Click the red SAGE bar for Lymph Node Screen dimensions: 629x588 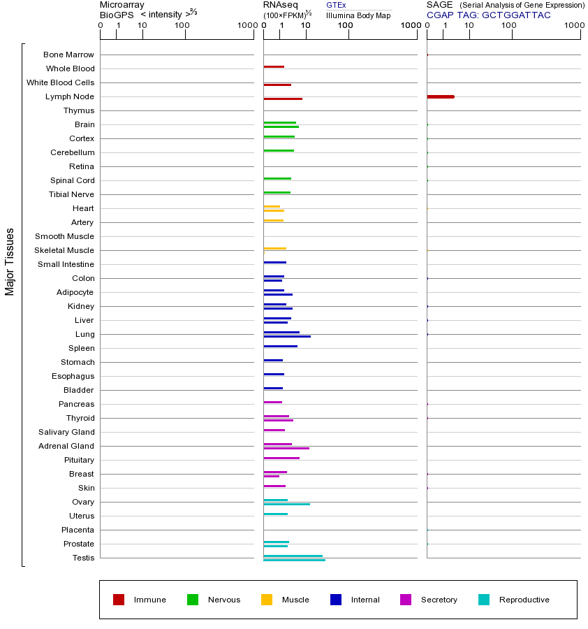(x=440, y=96)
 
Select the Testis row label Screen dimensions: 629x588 (x=83, y=558)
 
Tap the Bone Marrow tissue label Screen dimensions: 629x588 (x=68, y=55)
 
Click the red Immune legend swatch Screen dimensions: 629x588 (x=119, y=600)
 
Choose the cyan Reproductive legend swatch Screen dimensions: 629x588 (x=484, y=600)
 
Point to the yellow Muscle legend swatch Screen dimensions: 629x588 (x=267, y=600)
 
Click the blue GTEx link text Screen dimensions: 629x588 (x=336, y=5)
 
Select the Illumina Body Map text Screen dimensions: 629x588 (x=358, y=15)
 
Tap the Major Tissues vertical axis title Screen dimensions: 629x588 (x=10, y=261)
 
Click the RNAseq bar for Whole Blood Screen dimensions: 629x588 (x=274, y=66)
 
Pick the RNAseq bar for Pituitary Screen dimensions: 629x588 (x=281, y=458)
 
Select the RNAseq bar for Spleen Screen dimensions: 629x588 (x=280, y=346)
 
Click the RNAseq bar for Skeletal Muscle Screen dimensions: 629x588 (x=274, y=248)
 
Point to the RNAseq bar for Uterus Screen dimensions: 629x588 (x=275, y=514)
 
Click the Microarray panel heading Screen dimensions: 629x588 (x=122, y=5)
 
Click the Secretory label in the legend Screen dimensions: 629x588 (x=439, y=600)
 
